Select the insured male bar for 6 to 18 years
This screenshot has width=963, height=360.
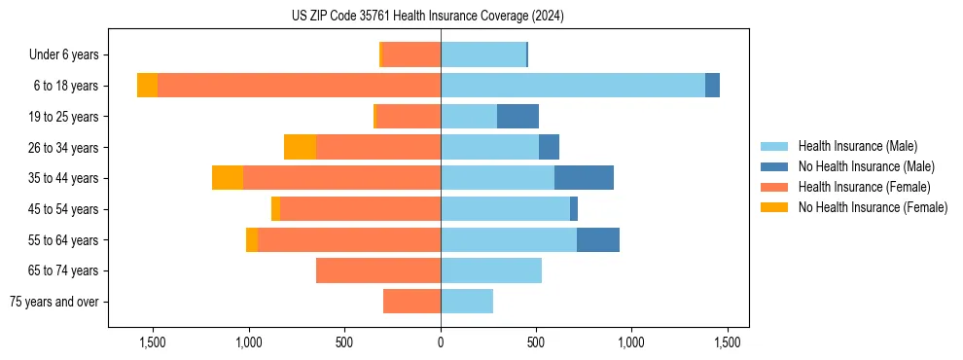pyautogui.click(x=573, y=86)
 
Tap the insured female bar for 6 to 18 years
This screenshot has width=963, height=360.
pyautogui.click(x=299, y=86)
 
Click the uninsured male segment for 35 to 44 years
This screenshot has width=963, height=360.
pyautogui.click(x=584, y=178)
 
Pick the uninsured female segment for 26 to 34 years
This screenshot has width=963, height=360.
pyautogui.click(x=300, y=147)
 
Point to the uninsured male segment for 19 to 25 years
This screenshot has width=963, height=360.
pyautogui.click(x=517, y=117)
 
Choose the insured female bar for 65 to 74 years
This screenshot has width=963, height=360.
pyautogui.click(x=378, y=270)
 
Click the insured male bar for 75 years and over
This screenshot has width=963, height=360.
pyautogui.click(x=467, y=302)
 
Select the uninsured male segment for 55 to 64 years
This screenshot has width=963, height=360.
pyautogui.click(x=598, y=239)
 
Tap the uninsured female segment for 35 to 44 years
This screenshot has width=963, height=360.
pyautogui.click(x=228, y=178)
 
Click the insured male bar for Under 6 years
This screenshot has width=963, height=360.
pyautogui.click(x=483, y=54)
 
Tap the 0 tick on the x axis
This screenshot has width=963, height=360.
pyautogui.click(x=441, y=342)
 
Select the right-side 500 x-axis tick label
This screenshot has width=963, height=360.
pyautogui.click(x=536, y=342)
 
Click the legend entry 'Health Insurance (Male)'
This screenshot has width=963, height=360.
pyautogui.click(x=857, y=146)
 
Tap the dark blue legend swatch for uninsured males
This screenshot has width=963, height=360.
pyautogui.click(x=775, y=166)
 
